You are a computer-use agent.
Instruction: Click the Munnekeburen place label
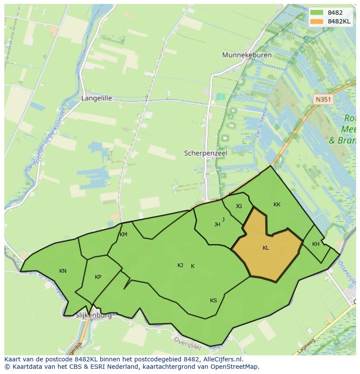(247, 55)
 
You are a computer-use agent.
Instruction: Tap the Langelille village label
(97, 99)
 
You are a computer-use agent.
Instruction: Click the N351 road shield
(323, 99)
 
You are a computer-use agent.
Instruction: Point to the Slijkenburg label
(93, 315)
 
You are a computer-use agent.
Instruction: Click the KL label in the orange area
(266, 248)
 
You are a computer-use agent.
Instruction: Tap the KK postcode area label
(277, 205)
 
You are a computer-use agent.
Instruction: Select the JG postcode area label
(239, 206)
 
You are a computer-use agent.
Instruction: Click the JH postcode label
(217, 225)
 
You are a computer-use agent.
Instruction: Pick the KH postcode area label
(316, 244)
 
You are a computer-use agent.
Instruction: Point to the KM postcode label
(123, 235)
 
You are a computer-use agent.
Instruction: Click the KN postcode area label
(63, 271)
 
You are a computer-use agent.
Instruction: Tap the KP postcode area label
(98, 277)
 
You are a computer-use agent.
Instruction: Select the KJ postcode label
(180, 265)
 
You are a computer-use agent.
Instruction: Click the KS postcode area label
(213, 301)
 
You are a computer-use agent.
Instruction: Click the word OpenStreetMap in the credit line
(234, 367)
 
